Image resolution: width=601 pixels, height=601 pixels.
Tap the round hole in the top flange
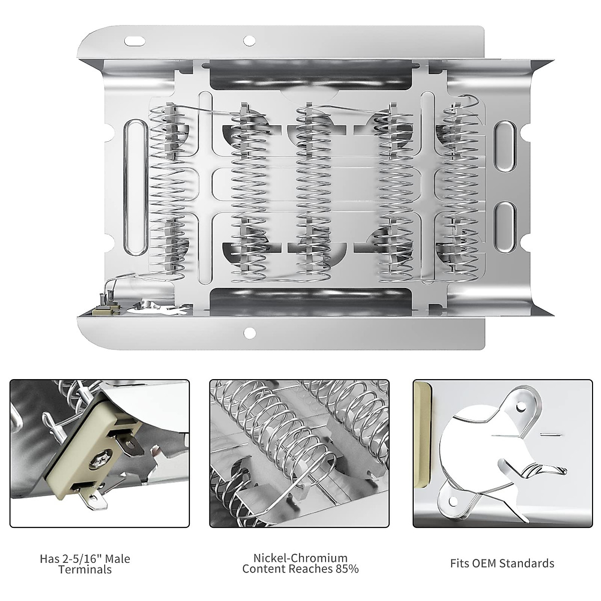pos(247,40)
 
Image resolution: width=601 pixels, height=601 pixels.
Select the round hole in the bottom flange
pos(247,332)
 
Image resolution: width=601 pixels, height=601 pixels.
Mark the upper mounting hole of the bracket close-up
pos(523,401)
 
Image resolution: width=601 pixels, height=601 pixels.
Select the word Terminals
pos(85,569)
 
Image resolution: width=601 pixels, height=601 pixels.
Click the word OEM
pos(488,563)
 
